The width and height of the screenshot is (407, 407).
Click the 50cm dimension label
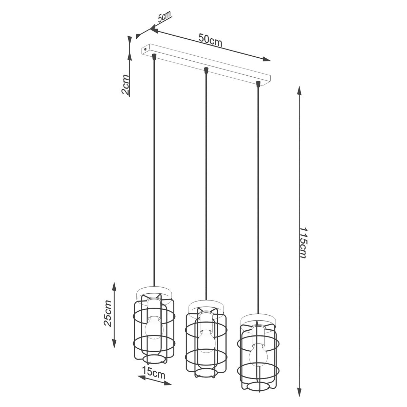coord(210,40)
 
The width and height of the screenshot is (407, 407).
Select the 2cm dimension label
coord(125,85)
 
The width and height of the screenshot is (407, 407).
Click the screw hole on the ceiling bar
coord(146,49)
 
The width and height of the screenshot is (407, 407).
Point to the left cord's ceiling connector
coord(154,56)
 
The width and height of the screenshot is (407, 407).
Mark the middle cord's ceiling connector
coord(206,70)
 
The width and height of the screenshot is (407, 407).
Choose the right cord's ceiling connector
coord(258,83)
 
